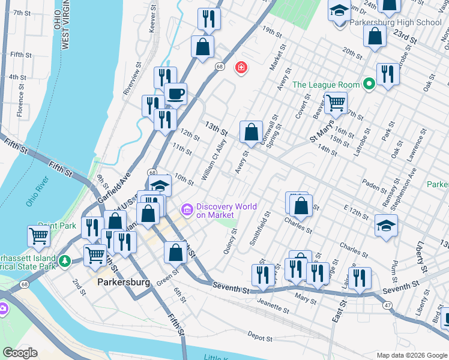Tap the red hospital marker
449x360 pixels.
click(x=241, y=67)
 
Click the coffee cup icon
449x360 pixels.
click(x=175, y=94)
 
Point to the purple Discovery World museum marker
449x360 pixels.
click(x=187, y=209)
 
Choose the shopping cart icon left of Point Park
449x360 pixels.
click(x=38, y=236)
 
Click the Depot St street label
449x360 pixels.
click(x=260, y=338)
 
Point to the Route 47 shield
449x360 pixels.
click(x=388, y=305)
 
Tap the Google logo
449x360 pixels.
click(x=20, y=353)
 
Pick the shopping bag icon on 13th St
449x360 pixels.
click(x=251, y=131)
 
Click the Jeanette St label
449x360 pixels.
click(x=274, y=305)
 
